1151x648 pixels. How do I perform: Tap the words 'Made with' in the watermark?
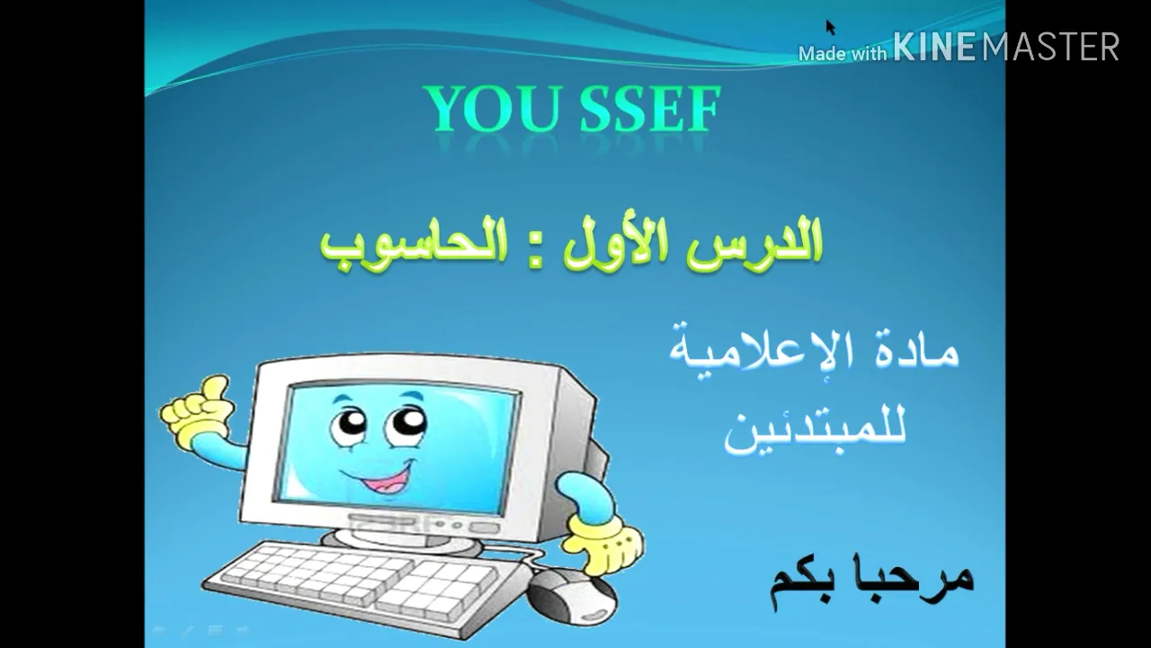pyautogui.click(x=843, y=53)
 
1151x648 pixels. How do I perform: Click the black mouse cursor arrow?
pyautogui.click(x=830, y=27)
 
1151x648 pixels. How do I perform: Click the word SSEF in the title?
pyautogui.click(x=649, y=110)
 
